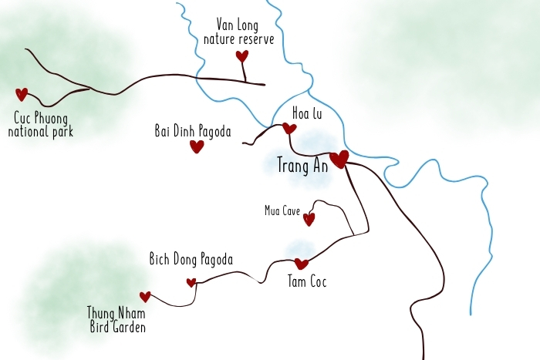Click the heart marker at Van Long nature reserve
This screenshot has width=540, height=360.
[242, 56]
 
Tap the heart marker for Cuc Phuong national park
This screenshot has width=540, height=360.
[22, 94]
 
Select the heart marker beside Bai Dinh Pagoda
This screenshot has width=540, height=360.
[197, 146]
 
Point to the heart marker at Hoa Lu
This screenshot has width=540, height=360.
[289, 129]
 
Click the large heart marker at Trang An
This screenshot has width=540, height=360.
[339, 160]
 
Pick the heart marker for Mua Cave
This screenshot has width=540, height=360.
[309, 219]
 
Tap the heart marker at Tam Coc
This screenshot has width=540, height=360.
[301, 264]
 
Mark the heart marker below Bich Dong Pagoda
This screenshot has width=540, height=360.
[191, 282]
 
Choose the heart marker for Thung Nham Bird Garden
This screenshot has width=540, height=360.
[145, 297]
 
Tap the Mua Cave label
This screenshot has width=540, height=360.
[282, 210]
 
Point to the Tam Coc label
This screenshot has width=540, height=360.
[307, 282]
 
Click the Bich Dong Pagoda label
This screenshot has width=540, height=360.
[191, 260]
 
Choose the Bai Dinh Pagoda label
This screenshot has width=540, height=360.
[193, 131]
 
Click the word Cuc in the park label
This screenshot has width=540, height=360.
[24, 118]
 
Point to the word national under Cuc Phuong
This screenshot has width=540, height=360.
[29, 131]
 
